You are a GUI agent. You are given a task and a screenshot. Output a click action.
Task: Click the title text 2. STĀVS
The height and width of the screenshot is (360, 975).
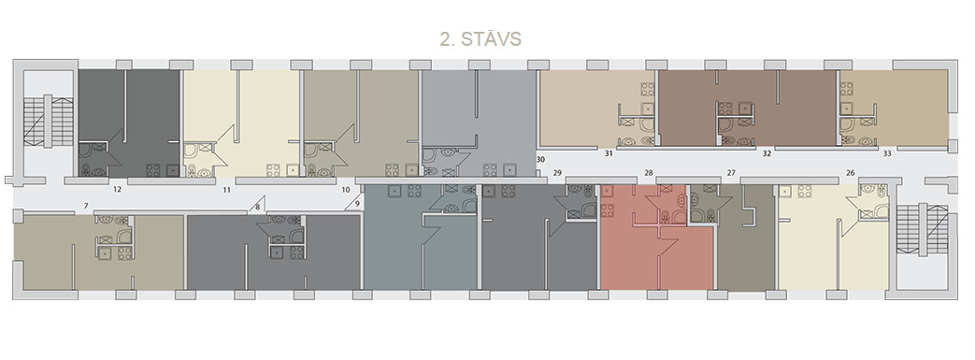480,39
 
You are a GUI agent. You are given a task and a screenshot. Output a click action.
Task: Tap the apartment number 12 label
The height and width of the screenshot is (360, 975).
117,188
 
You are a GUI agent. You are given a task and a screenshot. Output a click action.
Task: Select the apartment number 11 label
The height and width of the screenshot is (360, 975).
227,188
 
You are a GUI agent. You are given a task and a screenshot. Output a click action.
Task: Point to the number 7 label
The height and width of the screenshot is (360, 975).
86,206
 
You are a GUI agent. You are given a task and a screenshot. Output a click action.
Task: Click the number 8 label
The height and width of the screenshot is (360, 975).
257,207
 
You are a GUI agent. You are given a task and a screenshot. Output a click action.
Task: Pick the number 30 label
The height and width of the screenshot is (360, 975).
540,159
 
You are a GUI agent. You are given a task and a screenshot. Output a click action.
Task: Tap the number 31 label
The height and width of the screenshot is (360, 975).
609,153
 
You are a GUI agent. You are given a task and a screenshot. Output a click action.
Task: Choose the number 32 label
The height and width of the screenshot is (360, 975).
767,153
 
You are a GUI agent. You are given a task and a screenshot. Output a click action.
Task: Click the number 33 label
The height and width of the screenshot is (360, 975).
887,153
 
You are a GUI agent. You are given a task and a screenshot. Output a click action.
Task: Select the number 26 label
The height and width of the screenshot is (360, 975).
851,173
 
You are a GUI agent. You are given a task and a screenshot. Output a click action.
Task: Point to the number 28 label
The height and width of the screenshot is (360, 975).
649,173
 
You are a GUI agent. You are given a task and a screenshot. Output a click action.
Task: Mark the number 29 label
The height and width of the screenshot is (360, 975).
557,173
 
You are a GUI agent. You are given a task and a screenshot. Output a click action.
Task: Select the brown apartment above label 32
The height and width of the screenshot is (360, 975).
748,108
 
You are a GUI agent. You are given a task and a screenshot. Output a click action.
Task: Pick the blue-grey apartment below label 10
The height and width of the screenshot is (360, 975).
421,237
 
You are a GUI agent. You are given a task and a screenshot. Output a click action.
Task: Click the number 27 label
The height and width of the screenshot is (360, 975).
731,173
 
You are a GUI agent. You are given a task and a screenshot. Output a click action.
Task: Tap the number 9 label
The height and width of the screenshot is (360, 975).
357,203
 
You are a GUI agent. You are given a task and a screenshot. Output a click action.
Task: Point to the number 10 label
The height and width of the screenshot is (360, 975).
347,188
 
